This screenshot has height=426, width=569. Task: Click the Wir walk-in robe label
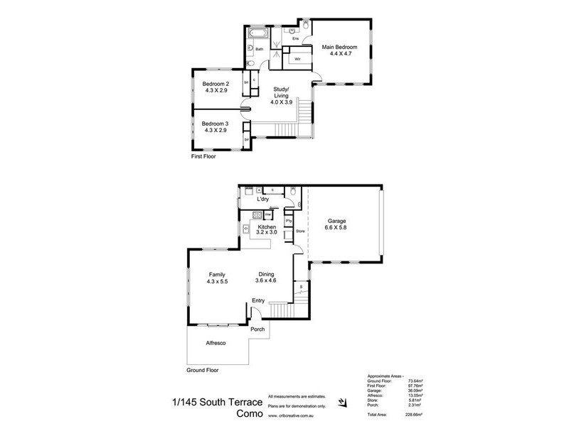pos(297,59)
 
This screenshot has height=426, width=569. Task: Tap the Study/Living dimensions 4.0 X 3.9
pos(282,102)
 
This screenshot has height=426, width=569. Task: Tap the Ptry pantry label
pos(289,220)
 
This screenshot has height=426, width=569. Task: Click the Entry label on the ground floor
pos(260,300)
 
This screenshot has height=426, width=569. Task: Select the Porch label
pos(257,329)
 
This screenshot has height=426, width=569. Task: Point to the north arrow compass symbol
pos(344,403)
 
